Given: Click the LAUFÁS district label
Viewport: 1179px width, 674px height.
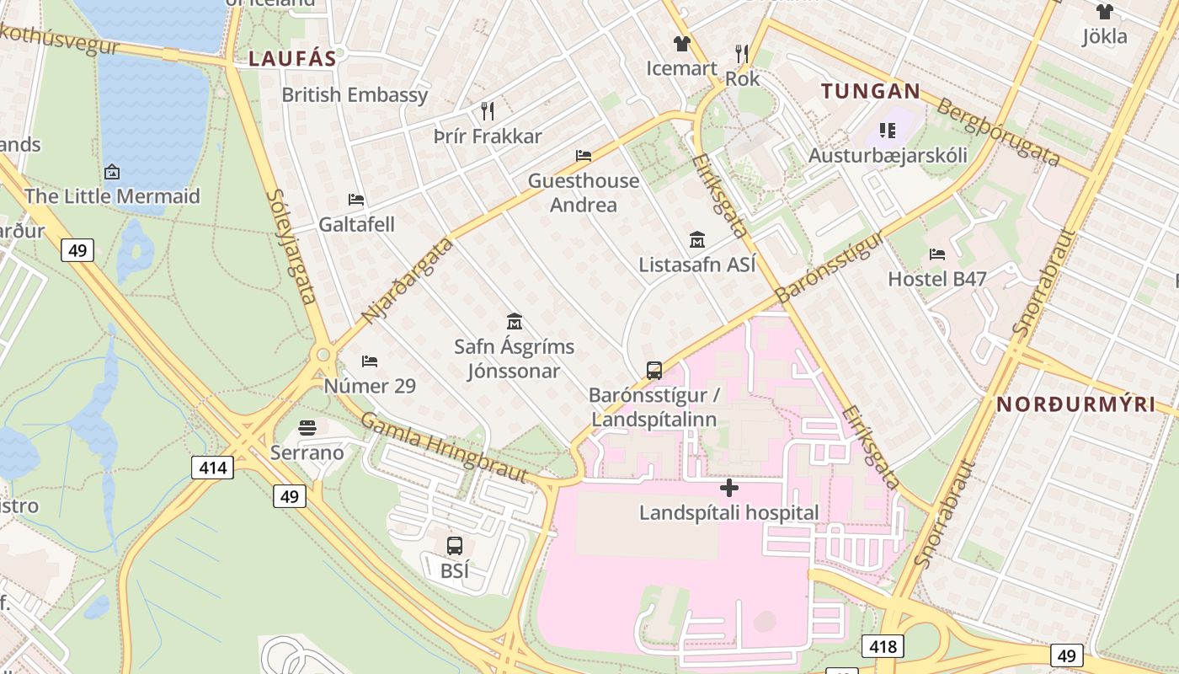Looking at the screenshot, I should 292,58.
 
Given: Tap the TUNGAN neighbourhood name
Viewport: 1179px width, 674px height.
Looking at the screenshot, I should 871,91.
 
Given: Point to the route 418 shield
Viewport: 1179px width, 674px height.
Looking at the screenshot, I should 882,646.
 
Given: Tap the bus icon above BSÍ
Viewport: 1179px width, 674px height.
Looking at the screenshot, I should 455,546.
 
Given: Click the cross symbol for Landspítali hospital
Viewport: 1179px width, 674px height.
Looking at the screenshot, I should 729,488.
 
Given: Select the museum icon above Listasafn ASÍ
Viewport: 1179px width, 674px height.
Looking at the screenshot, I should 696,240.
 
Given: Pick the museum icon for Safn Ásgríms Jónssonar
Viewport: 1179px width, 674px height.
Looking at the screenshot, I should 515,321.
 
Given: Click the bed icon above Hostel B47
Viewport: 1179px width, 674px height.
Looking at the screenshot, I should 936,254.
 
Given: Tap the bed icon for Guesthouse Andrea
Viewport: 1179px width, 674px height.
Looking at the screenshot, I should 584,156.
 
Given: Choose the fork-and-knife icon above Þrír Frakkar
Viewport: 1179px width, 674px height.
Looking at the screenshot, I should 487,110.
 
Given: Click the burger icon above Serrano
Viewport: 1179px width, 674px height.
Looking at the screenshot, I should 307,428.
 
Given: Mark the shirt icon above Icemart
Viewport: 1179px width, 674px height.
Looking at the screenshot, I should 681,44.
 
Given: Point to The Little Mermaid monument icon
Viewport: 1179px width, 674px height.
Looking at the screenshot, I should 112,172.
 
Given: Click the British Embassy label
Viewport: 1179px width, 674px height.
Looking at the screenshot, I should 355,95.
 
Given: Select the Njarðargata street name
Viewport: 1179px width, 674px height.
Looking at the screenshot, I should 408,281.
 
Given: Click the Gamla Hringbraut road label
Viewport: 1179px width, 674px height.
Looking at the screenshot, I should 444,447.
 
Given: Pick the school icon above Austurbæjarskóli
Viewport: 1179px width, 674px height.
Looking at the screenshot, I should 887,130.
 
